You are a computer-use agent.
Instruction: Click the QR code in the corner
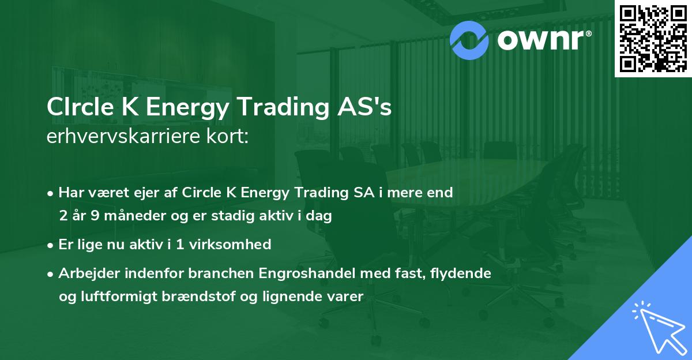coord(653,39)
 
